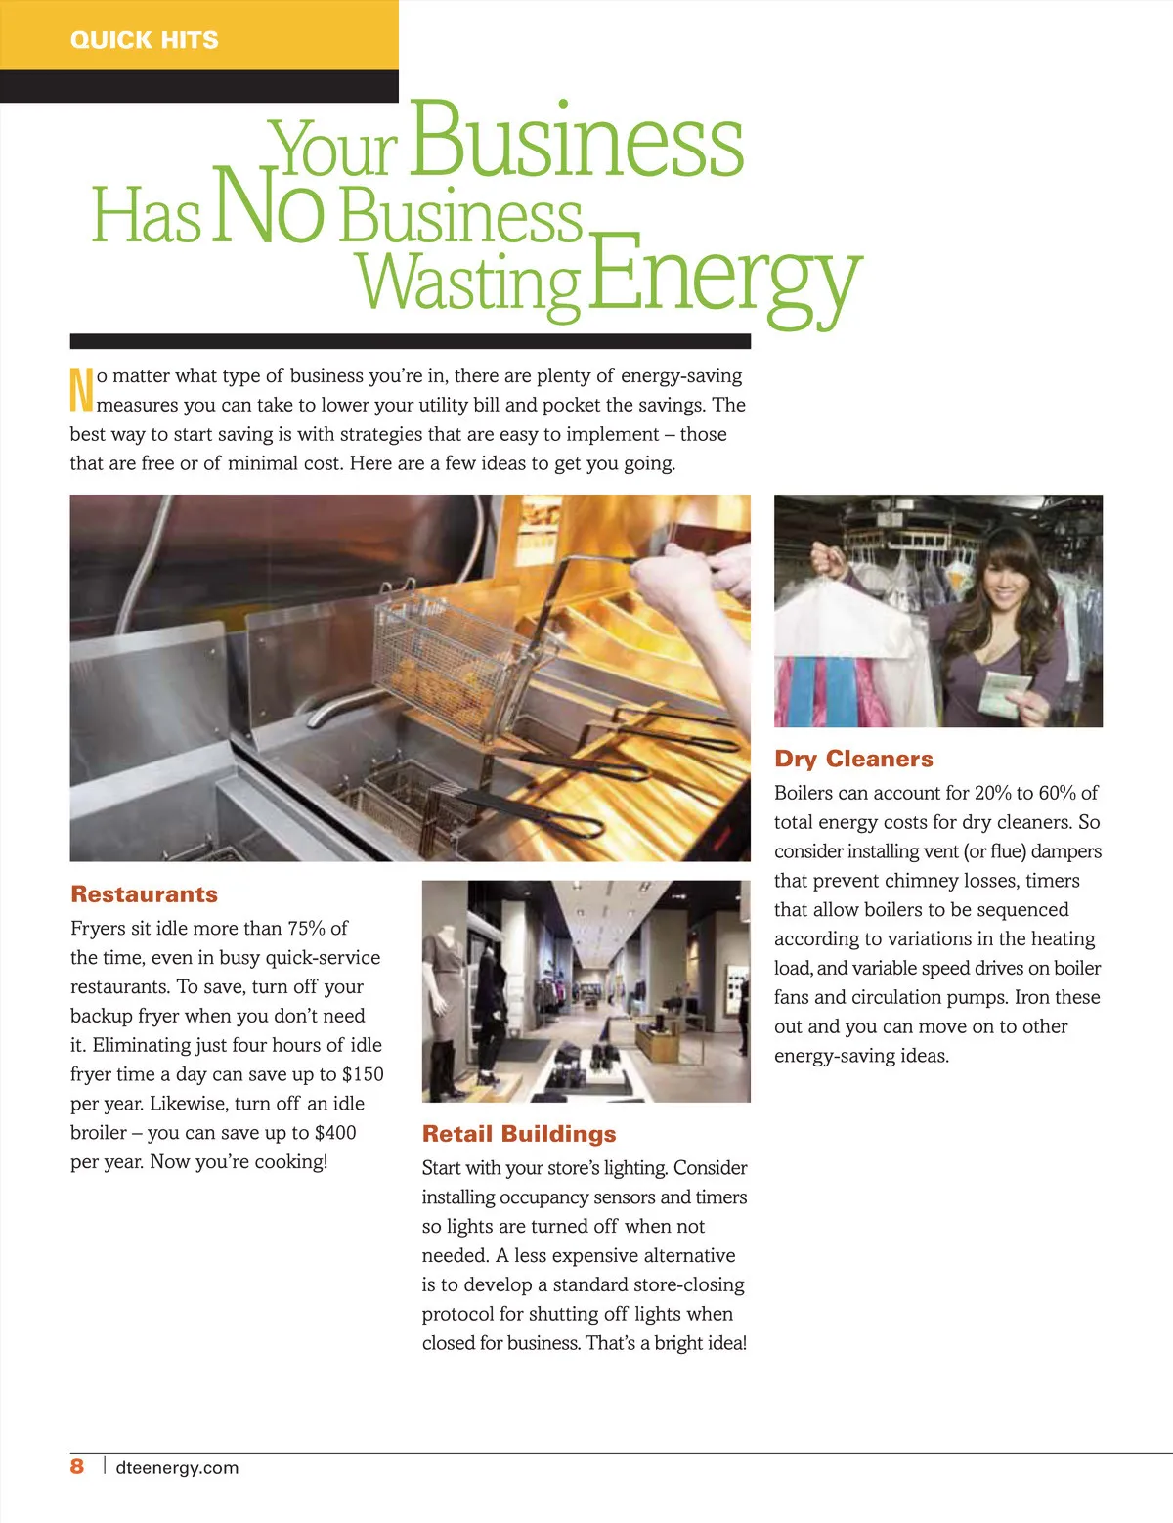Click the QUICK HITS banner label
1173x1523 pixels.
coord(145,40)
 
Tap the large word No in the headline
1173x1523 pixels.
coord(267,206)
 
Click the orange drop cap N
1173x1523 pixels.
coord(82,389)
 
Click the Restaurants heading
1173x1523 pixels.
coord(144,894)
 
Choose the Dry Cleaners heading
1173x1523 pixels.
coord(853,759)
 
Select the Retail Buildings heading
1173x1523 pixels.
coord(519,1134)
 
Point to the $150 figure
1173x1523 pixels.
coord(363,1074)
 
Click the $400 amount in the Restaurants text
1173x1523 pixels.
coord(335,1133)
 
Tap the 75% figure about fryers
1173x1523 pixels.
coord(307,928)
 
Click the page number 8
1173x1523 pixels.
coord(77,1466)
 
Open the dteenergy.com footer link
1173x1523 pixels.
coord(177,1467)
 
